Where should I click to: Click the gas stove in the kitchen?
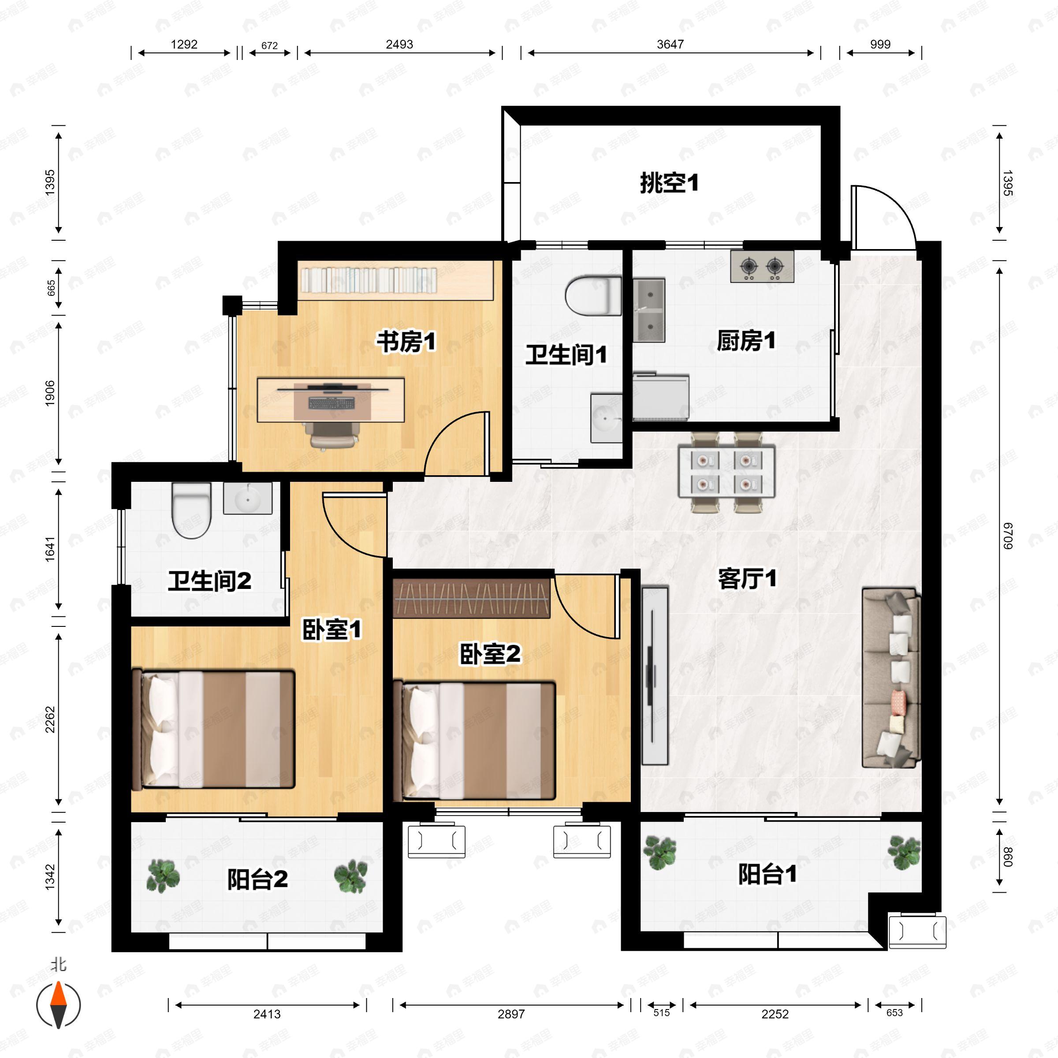tap(762, 267)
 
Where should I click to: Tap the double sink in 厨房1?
tap(649, 309)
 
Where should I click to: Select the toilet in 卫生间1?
tap(594, 296)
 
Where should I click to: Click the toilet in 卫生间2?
tap(191, 510)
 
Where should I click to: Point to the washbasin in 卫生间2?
tap(247, 498)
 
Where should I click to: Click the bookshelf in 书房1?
tap(395, 280)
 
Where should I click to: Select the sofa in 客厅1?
tap(891, 678)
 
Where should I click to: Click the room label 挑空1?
tap(669, 183)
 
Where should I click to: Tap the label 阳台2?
tap(257, 879)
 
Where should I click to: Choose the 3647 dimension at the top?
tap(670, 45)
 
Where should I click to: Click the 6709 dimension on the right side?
tap(1008, 536)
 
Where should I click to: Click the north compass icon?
tap(59, 1005)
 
